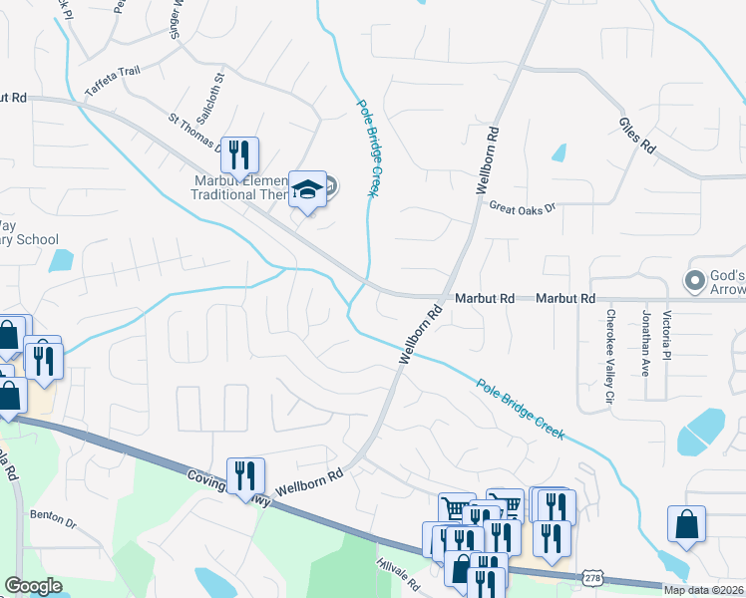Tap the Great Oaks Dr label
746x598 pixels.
(x=521, y=207)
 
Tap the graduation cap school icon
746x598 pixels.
(x=308, y=189)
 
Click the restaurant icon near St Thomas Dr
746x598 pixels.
(x=239, y=154)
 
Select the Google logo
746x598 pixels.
(x=33, y=586)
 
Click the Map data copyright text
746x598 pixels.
(x=704, y=590)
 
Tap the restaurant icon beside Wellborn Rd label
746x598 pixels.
(x=245, y=475)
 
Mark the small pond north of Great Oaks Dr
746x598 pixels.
(x=559, y=153)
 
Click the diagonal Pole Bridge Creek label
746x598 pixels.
(x=520, y=409)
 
